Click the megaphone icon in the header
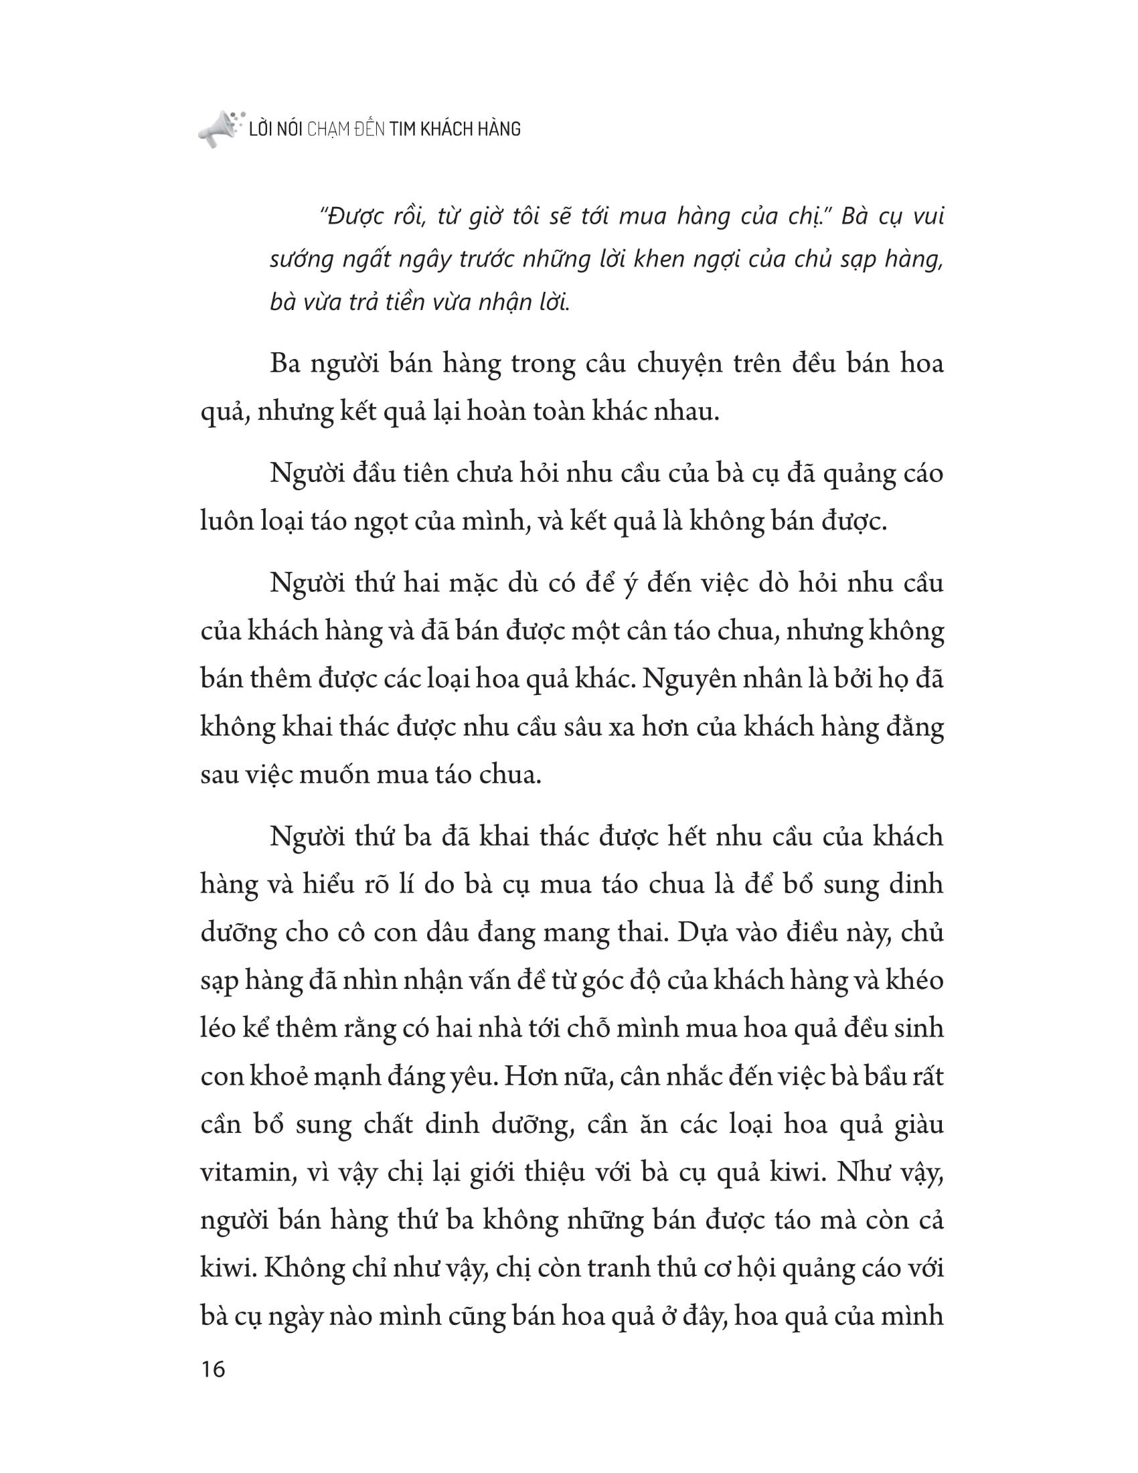pyautogui.click(x=217, y=129)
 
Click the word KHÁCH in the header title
pyautogui.click(x=446, y=129)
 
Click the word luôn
pyautogui.click(x=226, y=522)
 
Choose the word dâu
pyautogui.click(x=453, y=933)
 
